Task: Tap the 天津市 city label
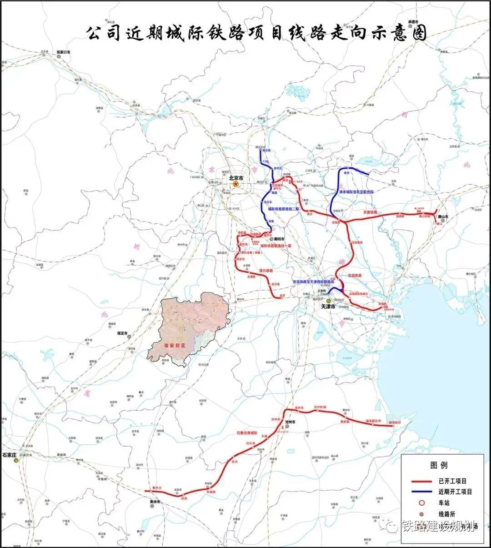328,307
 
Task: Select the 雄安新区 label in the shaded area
175,346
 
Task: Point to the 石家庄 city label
9,454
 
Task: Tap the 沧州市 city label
290,422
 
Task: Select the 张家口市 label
64,52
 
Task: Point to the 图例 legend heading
439,465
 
